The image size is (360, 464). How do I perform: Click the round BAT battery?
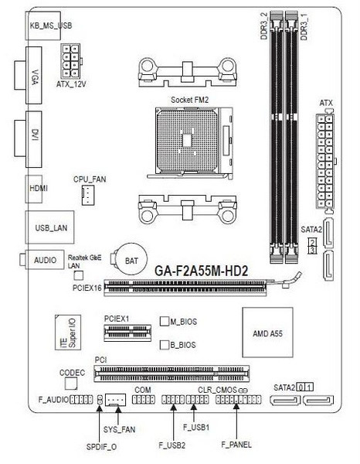click(x=131, y=260)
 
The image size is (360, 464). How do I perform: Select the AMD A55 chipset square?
click(x=267, y=332)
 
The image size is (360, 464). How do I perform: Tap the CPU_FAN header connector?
click(x=88, y=195)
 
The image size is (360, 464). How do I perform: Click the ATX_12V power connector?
click(x=71, y=60)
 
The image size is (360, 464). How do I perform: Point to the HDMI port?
click(x=34, y=189)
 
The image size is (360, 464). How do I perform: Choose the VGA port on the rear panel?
click(x=29, y=76)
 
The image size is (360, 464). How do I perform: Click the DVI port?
click(x=29, y=139)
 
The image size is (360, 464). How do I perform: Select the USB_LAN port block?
click(x=49, y=227)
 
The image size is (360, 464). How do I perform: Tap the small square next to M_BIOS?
click(x=164, y=322)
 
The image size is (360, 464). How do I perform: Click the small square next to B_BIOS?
click(x=164, y=345)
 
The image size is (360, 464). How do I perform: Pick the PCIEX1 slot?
click(x=127, y=333)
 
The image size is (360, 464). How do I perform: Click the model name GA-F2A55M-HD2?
click(x=202, y=271)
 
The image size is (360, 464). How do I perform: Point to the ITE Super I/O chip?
click(x=68, y=333)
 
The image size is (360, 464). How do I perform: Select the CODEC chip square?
click(x=71, y=384)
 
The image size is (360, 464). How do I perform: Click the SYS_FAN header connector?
click(x=116, y=400)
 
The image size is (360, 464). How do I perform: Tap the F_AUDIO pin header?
click(x=81, y=400)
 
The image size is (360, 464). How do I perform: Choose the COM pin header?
click(x=144, y=400)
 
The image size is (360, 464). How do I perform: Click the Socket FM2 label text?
click(x=189, y=100)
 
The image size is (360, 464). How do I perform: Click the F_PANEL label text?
click(x=236, y=444)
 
